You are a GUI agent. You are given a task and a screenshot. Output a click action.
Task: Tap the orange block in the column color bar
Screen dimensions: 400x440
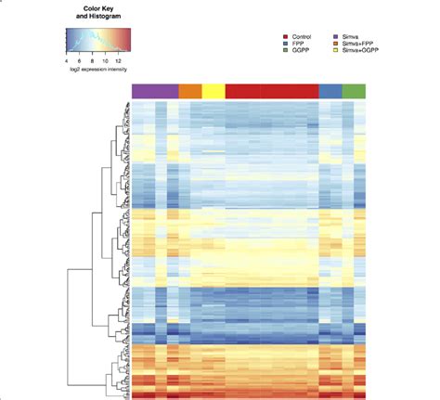189,90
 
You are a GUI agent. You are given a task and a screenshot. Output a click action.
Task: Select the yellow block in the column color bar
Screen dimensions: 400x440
213,90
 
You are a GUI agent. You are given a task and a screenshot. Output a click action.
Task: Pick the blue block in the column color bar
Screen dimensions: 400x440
330,90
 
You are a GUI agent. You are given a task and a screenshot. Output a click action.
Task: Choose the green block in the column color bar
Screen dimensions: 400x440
354,90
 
